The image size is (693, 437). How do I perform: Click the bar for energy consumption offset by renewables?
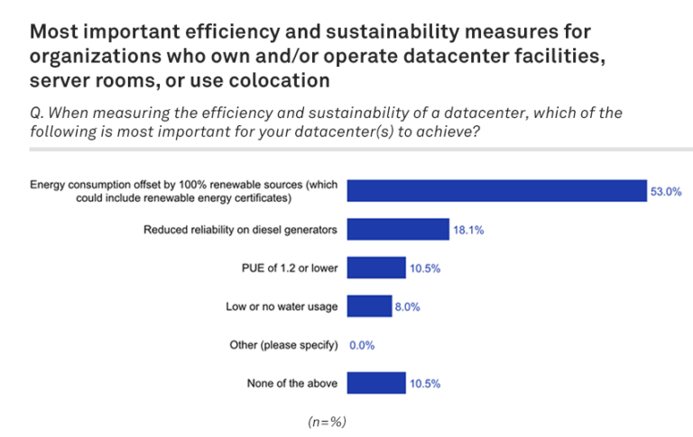[497, 191]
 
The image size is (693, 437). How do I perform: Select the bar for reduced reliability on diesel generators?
[398, 230]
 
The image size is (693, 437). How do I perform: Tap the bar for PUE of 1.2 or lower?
[376, 268]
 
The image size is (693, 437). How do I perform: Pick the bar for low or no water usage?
[369, 306]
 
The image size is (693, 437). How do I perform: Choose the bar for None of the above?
[376, 383]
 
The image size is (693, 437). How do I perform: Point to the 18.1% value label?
[468, 230]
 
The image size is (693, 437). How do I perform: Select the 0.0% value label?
[362, 345]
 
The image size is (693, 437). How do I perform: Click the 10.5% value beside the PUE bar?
[424, 268]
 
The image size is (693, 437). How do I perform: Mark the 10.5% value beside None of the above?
[424, 383]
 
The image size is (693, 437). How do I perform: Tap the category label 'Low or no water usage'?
[282, 306]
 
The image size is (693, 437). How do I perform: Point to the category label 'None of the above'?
[292, 383]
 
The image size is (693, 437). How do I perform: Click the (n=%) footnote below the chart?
[328, 421]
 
